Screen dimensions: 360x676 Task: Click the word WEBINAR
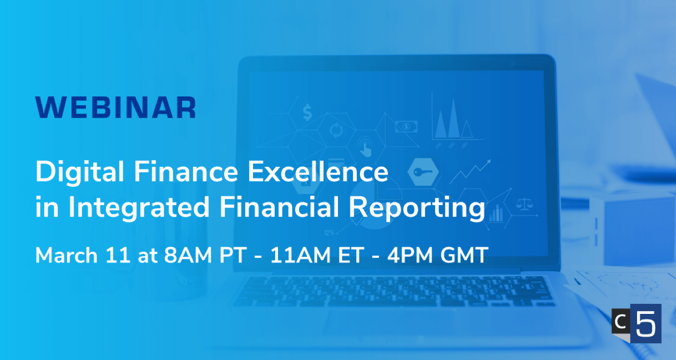point(116,108)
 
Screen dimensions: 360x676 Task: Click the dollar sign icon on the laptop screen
point(307,112)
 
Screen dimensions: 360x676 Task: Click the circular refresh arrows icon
point(334,130)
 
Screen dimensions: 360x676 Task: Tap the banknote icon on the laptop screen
point(406,126)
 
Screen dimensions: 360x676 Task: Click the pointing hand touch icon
point(365,146)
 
